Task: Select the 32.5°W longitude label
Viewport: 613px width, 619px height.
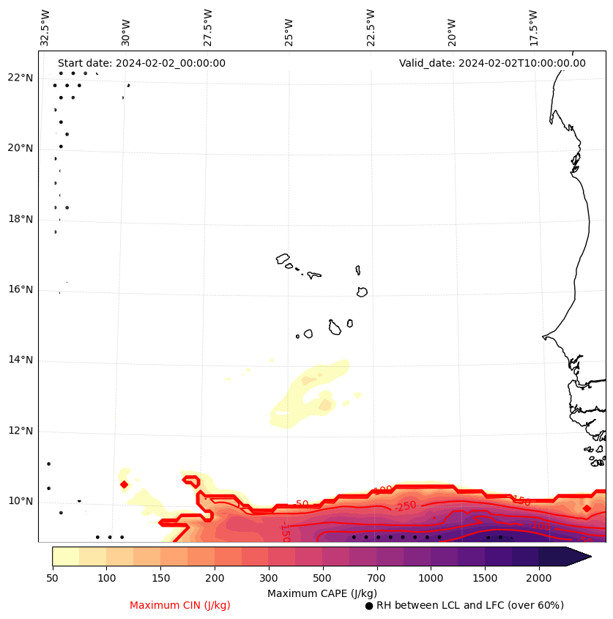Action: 45,28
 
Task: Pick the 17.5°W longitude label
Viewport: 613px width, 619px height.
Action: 533,28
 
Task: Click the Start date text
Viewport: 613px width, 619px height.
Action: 141,63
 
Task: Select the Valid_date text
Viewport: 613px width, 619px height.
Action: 492,63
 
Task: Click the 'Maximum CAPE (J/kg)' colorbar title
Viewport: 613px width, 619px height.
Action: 322,593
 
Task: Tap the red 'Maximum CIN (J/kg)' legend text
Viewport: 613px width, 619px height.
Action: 180,605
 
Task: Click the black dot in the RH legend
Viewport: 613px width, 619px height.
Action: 369,606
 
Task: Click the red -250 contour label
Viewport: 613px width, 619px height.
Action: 405,506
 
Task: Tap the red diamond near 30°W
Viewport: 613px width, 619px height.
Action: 124,484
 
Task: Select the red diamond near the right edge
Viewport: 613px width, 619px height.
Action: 587,508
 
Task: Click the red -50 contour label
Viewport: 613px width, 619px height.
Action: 300,505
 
